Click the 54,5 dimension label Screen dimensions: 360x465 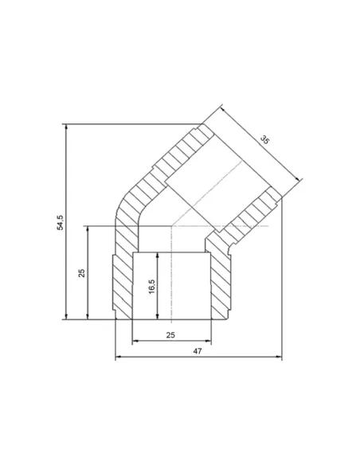point(61,222)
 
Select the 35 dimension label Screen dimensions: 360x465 point(264,139)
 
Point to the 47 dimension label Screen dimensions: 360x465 point(198,351)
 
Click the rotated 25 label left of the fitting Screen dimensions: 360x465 point(81,273)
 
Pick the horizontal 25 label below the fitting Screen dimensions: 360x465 point(170,335)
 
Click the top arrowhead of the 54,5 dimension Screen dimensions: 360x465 point(66,127)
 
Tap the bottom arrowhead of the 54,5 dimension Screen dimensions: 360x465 point(66,316)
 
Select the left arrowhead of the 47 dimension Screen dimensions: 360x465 point(119,357)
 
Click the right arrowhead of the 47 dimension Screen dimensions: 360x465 point(279,357)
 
